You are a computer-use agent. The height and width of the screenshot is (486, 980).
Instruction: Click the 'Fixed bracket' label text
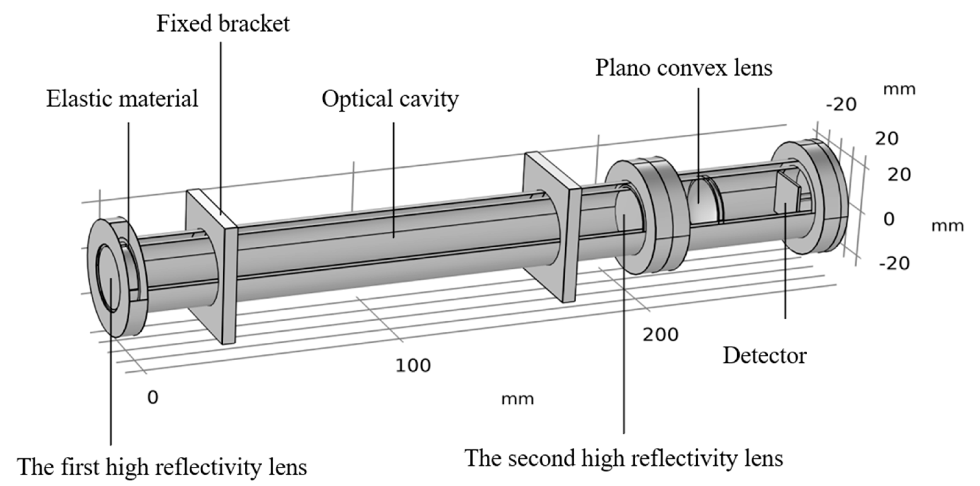[223, 23]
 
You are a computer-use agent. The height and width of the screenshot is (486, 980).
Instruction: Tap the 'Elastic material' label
[122, 99]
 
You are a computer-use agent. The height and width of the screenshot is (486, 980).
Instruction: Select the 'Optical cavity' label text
[390, 99]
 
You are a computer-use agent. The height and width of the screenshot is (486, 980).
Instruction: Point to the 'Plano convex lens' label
[684, 68]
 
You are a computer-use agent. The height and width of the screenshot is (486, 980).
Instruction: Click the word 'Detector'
[764, 356]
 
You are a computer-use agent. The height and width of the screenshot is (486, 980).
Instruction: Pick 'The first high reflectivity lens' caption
[162, 467]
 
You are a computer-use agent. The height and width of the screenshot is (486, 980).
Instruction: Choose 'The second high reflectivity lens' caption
[624, 458]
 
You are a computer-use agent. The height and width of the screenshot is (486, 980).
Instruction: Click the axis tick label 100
[413, 365]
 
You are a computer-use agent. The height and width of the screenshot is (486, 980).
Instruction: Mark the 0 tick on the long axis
[153, 398]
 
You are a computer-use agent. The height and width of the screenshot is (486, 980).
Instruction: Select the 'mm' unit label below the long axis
[517, 399]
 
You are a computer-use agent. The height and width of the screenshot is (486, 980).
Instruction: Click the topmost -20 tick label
[841, 105]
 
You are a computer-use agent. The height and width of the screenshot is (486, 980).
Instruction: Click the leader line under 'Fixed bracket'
[221, 125]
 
